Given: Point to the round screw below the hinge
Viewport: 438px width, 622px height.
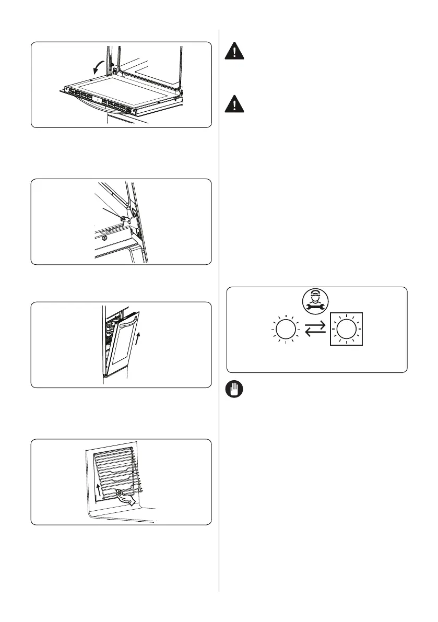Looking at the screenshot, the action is (105, 238).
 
